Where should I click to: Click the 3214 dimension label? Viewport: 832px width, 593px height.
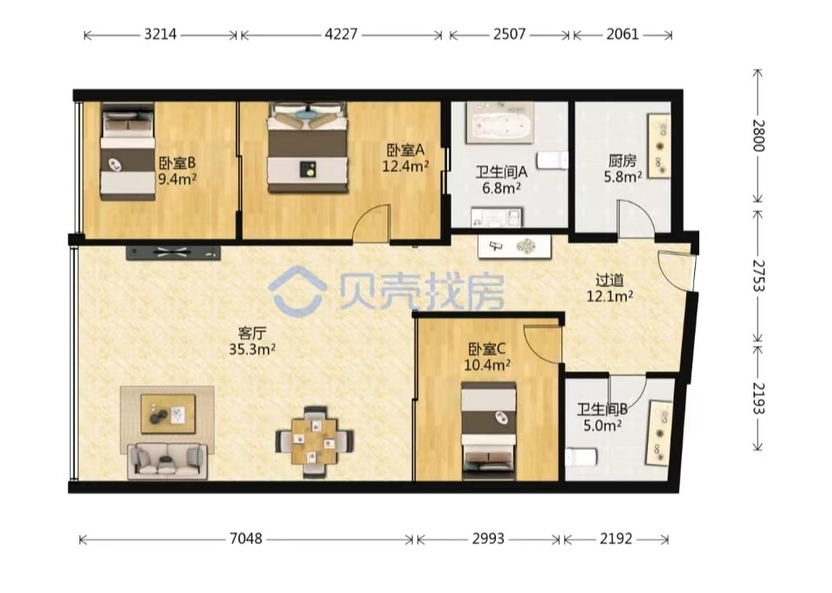click(161, 35)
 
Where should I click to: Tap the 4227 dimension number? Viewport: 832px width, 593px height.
click(341, 35)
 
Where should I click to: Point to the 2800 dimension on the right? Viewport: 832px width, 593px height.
click(759, 135)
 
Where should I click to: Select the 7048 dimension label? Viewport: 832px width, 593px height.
click(245, 539)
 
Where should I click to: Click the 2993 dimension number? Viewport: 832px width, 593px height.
click(488, 539)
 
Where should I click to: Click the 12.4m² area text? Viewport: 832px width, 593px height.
click(406, 167)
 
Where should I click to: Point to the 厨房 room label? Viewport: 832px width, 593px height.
click(622, 160)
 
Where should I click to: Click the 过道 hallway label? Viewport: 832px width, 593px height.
click(609, 279)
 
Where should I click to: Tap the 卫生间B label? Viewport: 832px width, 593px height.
click(602, 410)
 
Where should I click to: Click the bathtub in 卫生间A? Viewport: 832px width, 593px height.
click(499, 123)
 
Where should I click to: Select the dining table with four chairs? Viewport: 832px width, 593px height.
click(314, 442)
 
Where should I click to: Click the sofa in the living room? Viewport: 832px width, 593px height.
click(167, 461)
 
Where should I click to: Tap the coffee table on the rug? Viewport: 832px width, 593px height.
click(168, 414)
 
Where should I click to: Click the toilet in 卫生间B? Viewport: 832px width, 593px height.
click(581, 457)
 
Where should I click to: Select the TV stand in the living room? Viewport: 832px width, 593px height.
click(173, 252)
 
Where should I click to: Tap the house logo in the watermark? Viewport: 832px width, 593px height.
click(297, 292)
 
